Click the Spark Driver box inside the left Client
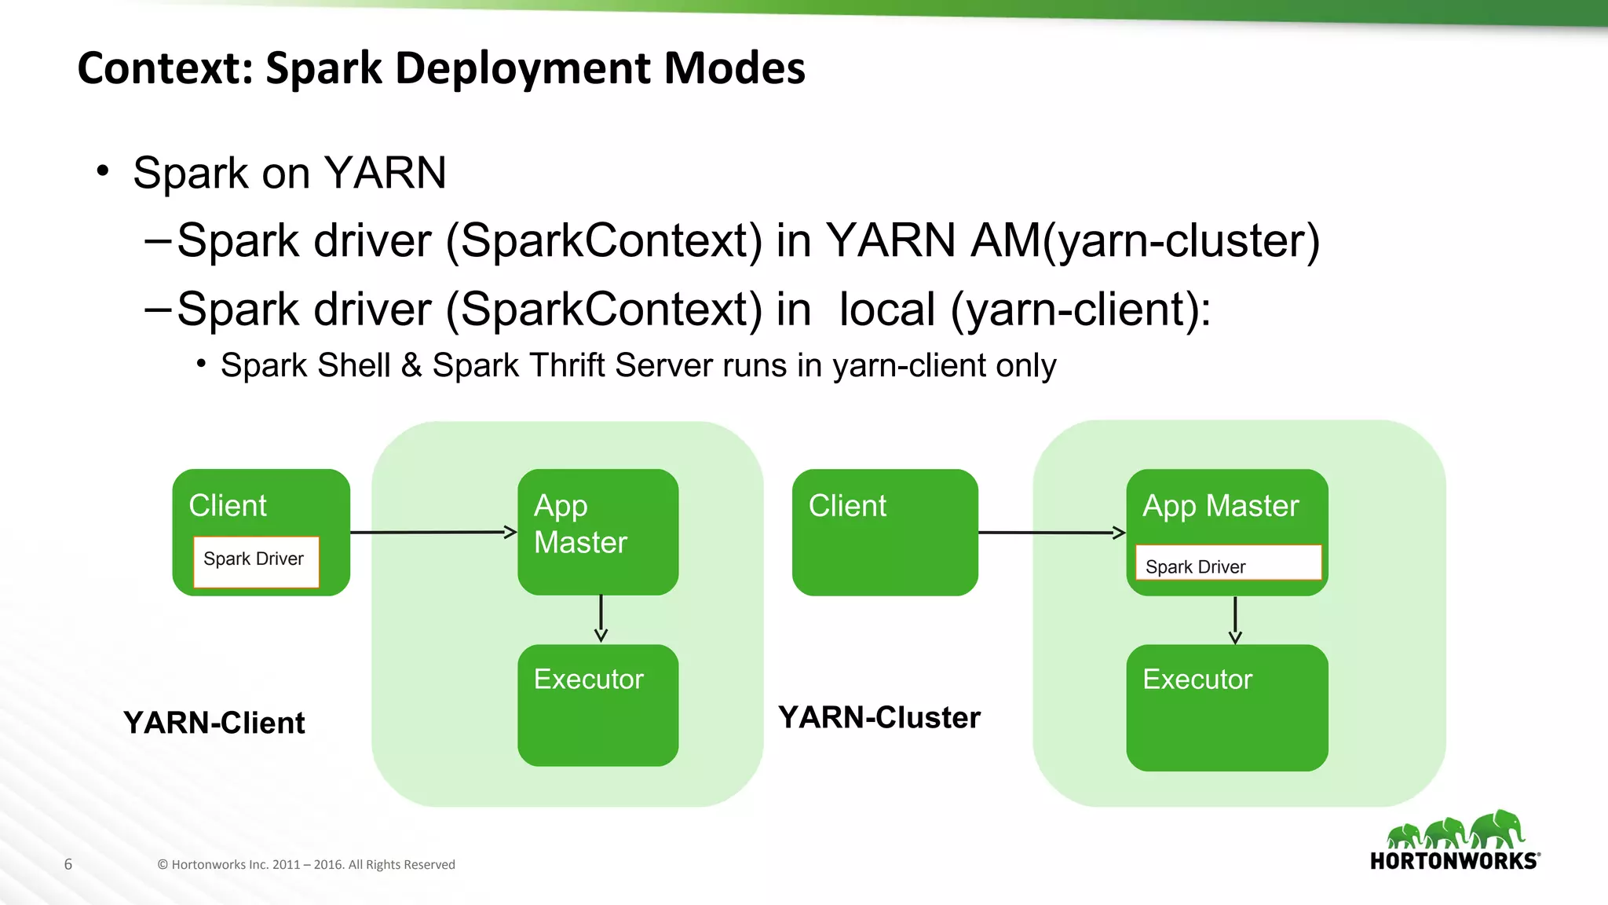256,561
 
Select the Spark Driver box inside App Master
1228,563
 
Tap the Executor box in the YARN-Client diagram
598,705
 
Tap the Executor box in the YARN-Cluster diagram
1226,707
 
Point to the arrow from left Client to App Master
433,533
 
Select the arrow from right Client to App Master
1052,533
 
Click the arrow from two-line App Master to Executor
601,619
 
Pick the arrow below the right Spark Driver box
1235,621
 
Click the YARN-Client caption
214,723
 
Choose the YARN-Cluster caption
879,717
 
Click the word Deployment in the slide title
522,68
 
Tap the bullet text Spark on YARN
289,173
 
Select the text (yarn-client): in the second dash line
1080,309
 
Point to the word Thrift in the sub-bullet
566,365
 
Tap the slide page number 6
68,864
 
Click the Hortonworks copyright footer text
306,864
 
